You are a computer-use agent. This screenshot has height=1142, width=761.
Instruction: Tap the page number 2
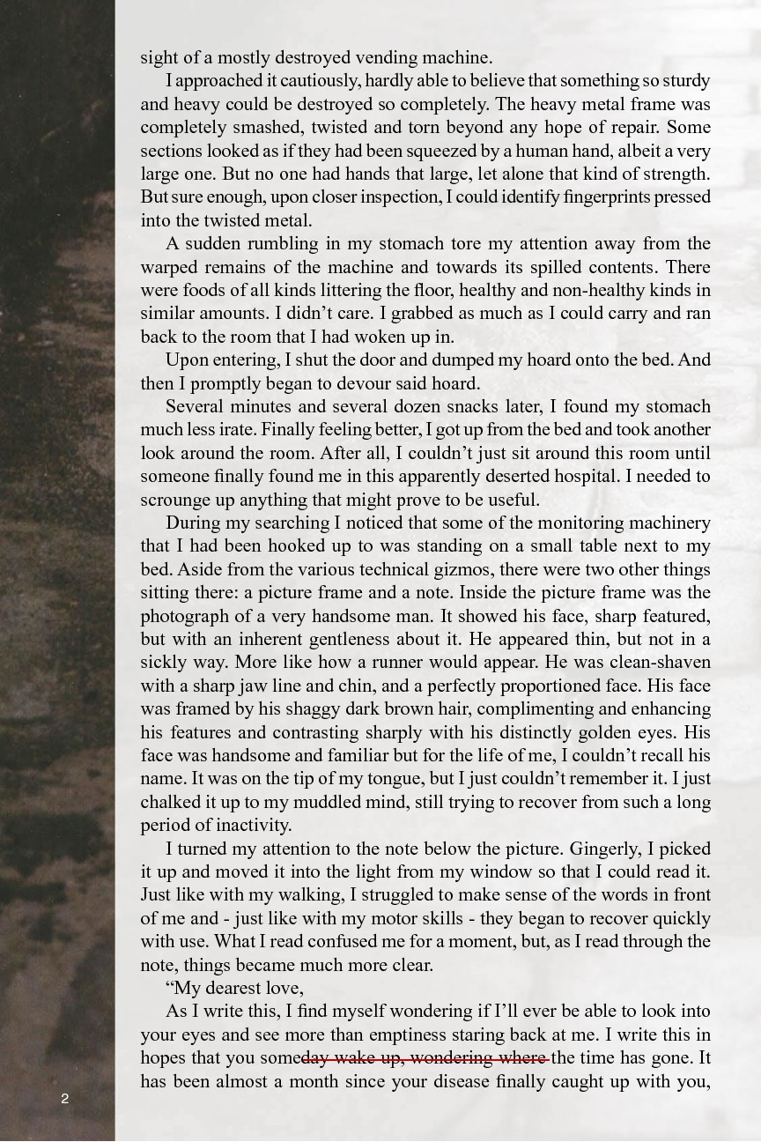click(65, 1098)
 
